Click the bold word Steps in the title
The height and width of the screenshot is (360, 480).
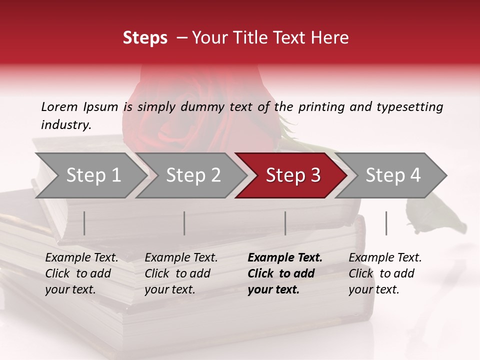(145, 38)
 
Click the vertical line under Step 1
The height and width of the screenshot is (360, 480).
(84, 223)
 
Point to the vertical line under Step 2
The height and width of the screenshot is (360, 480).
(184, 223)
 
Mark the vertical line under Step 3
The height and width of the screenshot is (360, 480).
(285, 223)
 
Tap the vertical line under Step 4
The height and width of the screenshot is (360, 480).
(386, 223)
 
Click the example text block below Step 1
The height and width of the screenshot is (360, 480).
(81, 273)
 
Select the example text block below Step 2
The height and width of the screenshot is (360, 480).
(181, 273)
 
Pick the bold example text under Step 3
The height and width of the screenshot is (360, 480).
(285, 273)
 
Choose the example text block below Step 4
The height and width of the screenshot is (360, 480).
(385, 273)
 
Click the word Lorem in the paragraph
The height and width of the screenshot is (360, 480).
(59, 106)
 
